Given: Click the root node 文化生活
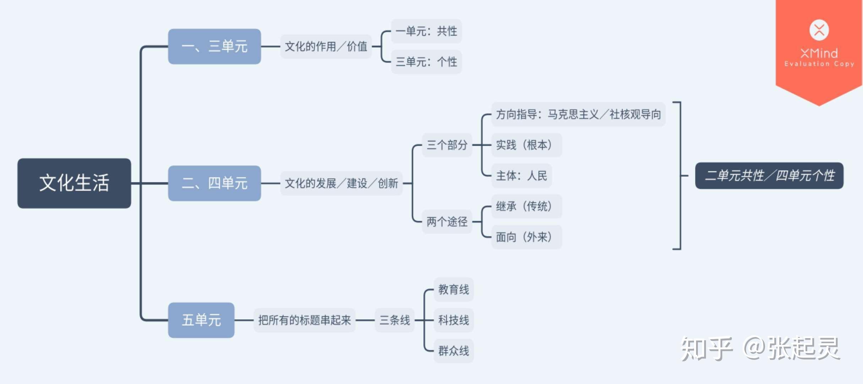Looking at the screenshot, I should pyautogui.click(x=74, y=183).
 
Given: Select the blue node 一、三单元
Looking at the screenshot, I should pyautogui.click(x=214, y=47).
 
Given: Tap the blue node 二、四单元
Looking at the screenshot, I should pyautogui.click(x=214, y=183).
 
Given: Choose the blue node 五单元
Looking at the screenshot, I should pyautogui.click(x=201, y=320).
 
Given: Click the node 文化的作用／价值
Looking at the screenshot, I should pyautogui.click(x=326, y=47).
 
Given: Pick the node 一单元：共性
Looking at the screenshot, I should pyautogui.click(x=426, y=31).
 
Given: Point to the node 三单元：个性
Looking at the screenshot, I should pyautogui.click(x=426, y=62).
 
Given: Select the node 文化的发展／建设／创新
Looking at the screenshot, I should pyautogui.click(x=341, y=183).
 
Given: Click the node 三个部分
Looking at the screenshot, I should pyautogui.click(x=447, y=145).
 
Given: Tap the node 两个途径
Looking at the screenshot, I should pyautogui.click(x=447, y=222).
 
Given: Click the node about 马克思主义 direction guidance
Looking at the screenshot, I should pyautogui.click(x=578, y=114).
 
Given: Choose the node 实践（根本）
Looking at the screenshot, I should pyautogui.click(x=526, y=145).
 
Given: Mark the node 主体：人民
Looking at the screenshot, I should pyautogui.click(x=521, y=176).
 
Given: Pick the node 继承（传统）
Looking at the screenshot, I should pyautogui.click(x=526, y=206).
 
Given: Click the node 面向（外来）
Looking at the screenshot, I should pyautogui.click(x=526, y=237).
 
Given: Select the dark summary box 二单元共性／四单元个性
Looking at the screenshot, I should pyautogui.click(x=769, y=176).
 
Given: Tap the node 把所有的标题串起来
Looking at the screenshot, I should pyautogui.click(x=304, y=320).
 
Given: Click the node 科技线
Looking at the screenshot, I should pyautogui.click(x=454, y=320).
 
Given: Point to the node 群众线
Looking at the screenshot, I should pyautogui.click(x=454, y=351).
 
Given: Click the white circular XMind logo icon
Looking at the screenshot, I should pyautogui.click(x=819, y=30).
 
